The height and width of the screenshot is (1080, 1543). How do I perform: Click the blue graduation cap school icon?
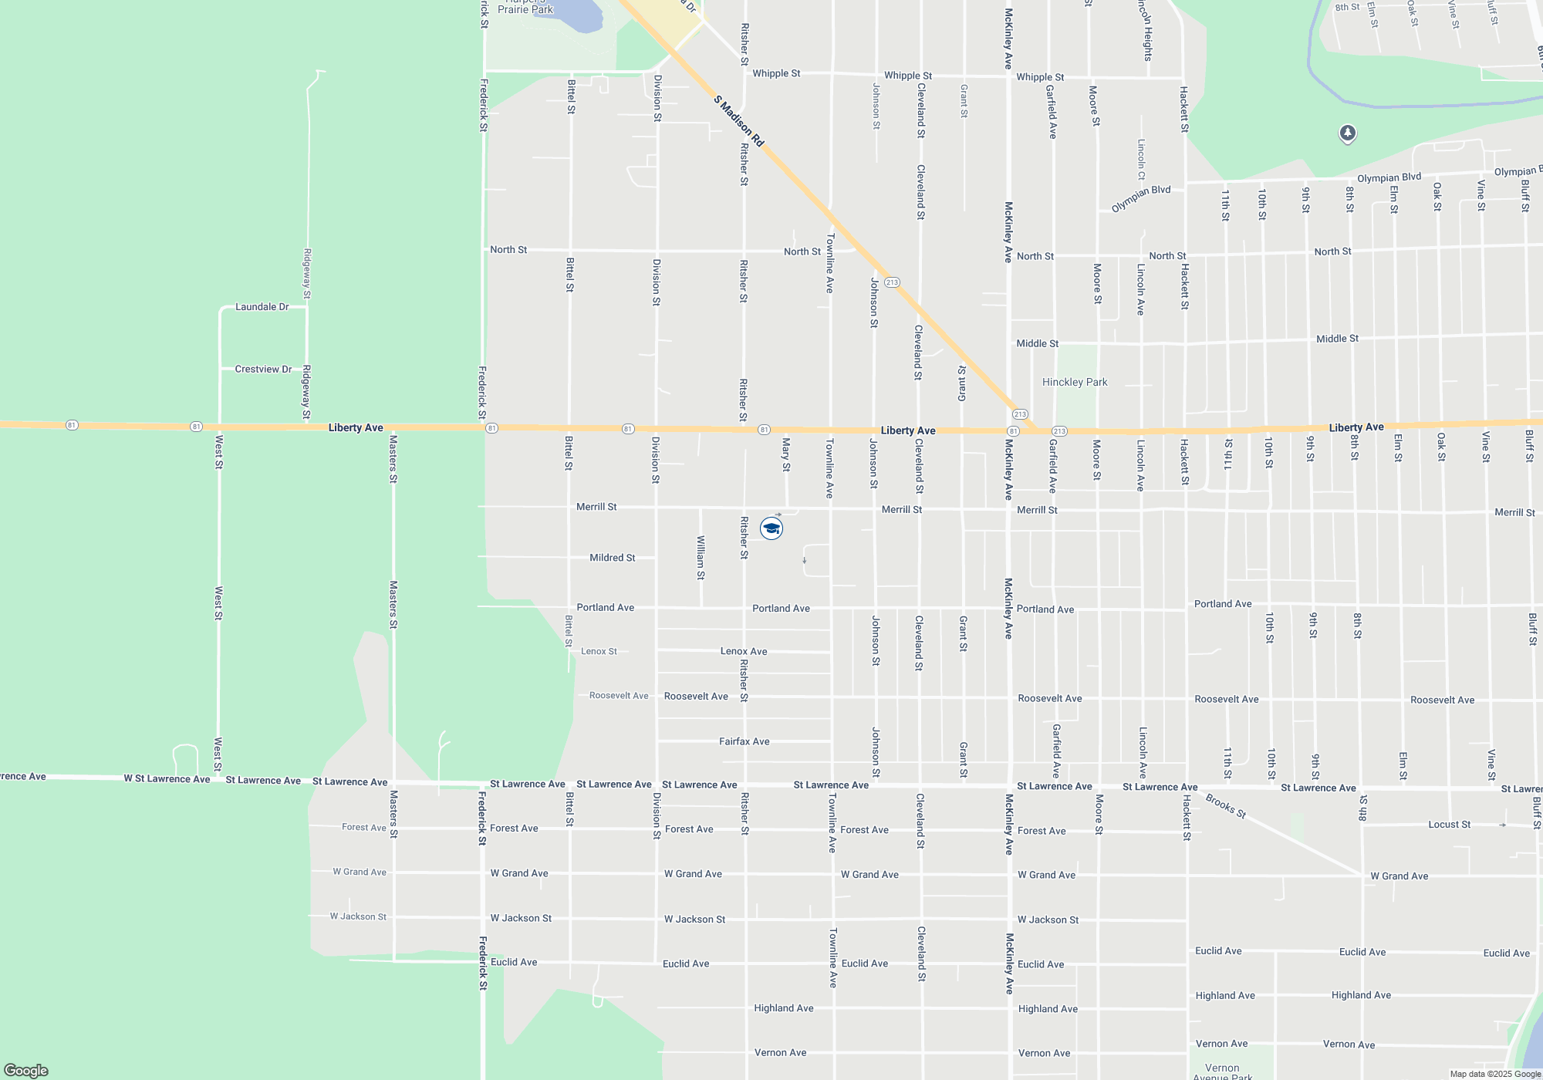(x=771, y=528)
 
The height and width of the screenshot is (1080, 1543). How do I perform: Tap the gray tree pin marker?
(x=1347, y=133)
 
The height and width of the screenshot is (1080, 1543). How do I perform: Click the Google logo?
(x=26, y=1070)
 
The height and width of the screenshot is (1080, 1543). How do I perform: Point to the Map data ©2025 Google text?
(x=1494, y=1074)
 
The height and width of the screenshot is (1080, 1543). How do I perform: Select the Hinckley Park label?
(x=1074, y=382)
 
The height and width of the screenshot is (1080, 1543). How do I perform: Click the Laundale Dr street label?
(x=262, y=307)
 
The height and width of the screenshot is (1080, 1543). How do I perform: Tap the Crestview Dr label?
(x=263, y=370)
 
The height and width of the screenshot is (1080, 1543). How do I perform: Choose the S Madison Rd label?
(x=738, y=121)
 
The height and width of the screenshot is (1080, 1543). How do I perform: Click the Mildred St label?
(x=612, y=558)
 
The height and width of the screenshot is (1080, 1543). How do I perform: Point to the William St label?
(x=701, y=557)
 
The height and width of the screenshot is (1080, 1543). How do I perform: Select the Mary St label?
(x=786, y=454)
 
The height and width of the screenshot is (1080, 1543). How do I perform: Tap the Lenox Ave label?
(x=744, y=652)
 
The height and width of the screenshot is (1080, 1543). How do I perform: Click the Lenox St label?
(x=599, y=652)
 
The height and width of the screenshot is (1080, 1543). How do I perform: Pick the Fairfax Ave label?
(x=744, y=741)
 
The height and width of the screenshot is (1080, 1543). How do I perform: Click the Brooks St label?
(x=1226, y=805)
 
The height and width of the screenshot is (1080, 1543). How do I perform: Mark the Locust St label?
(x=1449, y=825)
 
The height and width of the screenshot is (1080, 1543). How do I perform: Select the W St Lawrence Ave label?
(x=167, y=779)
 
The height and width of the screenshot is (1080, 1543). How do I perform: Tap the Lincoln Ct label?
(x=1141, y=160)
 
